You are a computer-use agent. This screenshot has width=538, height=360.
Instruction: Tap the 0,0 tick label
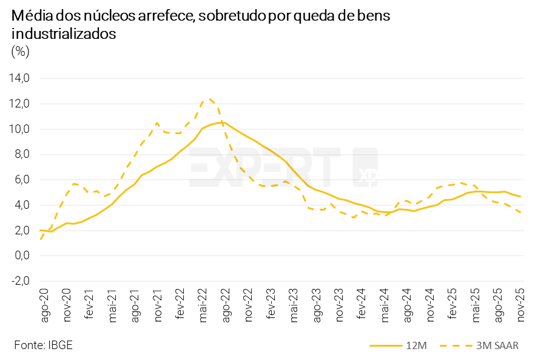(21, 256)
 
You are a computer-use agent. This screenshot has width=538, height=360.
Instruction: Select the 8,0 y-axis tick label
(21, 154)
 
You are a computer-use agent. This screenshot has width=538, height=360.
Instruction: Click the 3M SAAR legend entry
(479, 345)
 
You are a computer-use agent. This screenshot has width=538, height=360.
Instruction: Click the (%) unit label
(19, 52)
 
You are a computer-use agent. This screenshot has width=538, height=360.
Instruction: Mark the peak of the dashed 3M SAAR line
(210, 98)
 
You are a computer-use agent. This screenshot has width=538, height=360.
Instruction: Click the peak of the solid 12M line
(220, 122)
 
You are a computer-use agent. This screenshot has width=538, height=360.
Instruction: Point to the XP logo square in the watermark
(366, 168)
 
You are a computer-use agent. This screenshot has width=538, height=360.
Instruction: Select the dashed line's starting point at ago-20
(40, 239)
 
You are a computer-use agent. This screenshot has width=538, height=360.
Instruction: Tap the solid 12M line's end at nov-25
(522, 196)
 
